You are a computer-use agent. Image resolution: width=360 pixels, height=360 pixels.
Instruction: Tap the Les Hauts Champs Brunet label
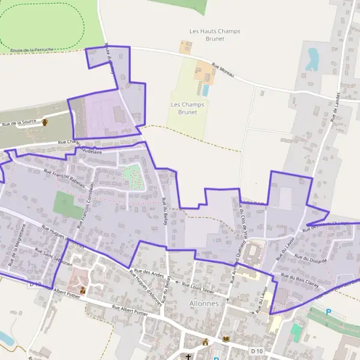click(206, 35)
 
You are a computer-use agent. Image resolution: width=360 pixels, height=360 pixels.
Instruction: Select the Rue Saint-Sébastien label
click(53, 257)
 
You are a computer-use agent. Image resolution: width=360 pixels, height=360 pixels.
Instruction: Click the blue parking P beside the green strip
click(328, 312)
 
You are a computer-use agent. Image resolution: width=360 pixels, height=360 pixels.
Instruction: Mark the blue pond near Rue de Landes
click(312, 58)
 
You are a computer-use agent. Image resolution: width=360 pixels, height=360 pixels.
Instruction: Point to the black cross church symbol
click(188, 357)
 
